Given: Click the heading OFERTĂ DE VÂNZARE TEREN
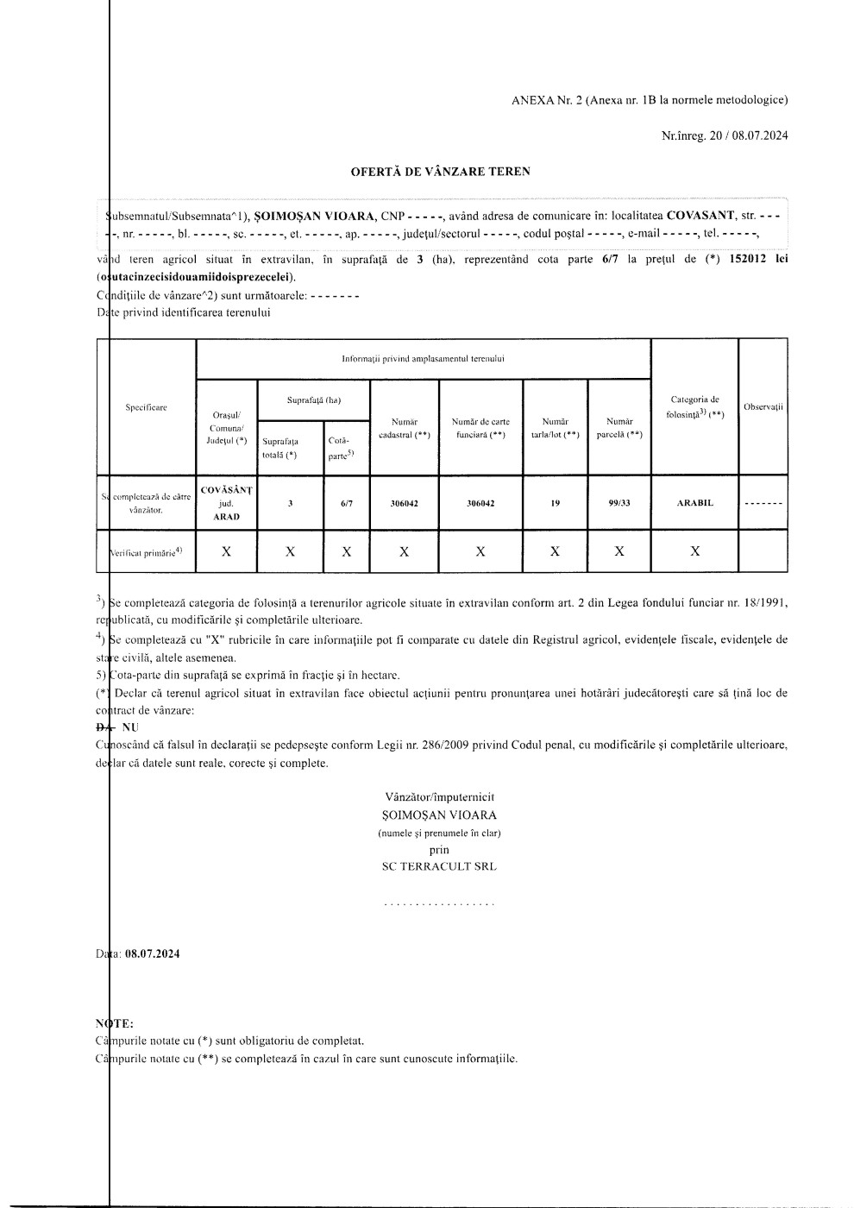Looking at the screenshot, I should click(x=440, y=172).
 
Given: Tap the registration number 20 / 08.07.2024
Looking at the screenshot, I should click(x=749, y=135).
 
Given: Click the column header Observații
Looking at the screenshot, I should click(x=763, y=406).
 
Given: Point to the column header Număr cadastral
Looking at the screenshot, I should click(x=404, y=428).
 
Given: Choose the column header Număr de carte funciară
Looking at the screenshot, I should click(x=480, y=428).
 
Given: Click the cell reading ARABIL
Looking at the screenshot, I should click(x=694, y=503).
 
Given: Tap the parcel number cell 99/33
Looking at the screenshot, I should click(x=619, y=503).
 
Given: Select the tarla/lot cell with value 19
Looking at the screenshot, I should click(x=555, y=503).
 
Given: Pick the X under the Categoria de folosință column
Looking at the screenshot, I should click(x=694, y=551).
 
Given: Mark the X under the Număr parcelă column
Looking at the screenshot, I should click(x=619, y=551).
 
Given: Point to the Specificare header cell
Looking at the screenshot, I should click(x=147, y=407).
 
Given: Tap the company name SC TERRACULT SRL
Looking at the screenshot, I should click(x=439, y=866).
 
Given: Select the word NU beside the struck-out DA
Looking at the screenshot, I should click(x=130, y=727).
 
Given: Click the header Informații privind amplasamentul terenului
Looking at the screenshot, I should click(x=423, y=358).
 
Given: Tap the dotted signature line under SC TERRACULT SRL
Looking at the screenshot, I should click(x=439, y=905).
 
